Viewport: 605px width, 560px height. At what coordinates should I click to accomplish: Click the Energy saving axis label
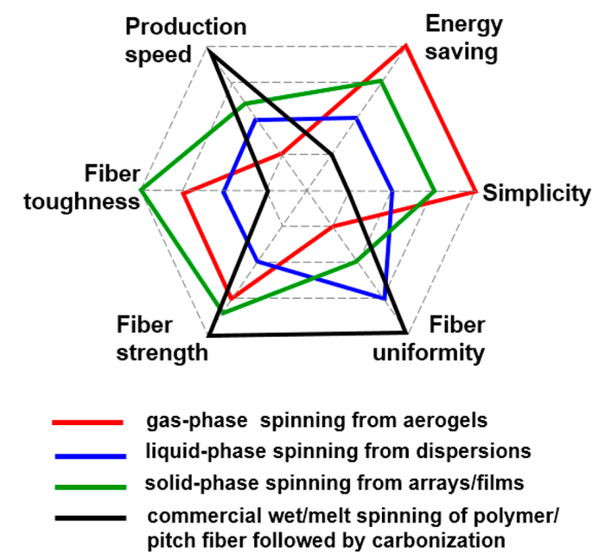click(462, 39)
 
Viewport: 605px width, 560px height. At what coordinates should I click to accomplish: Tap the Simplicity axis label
click(537, 193)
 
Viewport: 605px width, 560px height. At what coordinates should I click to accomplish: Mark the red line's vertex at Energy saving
click(405, 46)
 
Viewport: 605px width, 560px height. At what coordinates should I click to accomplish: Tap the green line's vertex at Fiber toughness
click(140, 189)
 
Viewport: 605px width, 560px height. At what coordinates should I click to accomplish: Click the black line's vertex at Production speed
click(209, 51)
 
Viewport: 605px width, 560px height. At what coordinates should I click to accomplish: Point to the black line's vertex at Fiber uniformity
click(405, 333)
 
